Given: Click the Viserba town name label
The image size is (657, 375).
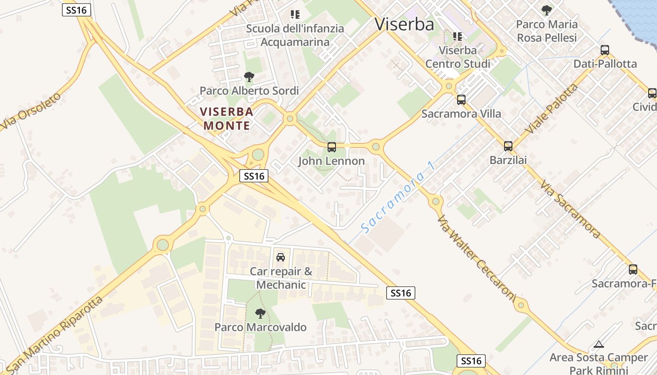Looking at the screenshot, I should pos(404,24).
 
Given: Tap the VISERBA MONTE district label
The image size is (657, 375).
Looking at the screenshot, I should pos(227,119).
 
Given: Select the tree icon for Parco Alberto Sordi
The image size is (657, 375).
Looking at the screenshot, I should pos(249,77).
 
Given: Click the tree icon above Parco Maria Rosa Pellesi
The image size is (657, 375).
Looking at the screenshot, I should pos(546,10).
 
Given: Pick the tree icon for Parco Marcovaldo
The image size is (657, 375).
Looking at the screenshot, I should pos(260,314).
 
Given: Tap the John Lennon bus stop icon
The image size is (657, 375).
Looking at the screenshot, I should pos(332,147).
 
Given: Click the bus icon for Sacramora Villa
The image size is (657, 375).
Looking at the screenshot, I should pos(461,100).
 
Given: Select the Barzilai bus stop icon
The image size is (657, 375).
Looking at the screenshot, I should pos(508,146).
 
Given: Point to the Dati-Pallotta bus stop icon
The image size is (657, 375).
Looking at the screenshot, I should pos(605,50).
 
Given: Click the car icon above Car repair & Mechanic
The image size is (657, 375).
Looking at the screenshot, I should pos(281,257).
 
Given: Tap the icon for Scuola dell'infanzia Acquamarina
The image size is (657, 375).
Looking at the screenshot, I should pos(295,15).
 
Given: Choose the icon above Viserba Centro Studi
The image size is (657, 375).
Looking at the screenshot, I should pos(458,36).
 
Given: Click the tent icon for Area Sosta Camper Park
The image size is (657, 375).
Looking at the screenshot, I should pos(599,345).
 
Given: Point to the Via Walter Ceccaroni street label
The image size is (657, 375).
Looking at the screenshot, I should pos(476,256).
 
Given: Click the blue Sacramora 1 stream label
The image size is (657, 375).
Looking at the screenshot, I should pos(398,197).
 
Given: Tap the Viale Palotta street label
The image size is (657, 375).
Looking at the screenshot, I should pos(552,109).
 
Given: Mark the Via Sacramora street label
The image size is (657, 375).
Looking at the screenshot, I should pos(570,209).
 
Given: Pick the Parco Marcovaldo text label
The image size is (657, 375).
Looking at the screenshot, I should pos(260,327).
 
